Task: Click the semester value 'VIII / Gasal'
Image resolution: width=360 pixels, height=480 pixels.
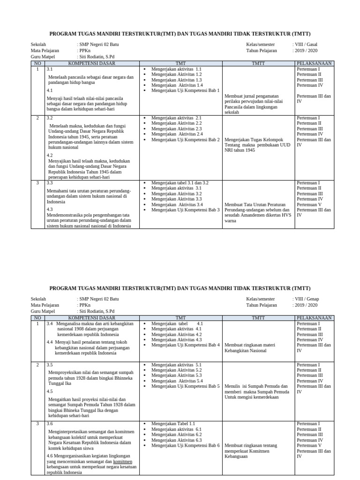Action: [306, 45]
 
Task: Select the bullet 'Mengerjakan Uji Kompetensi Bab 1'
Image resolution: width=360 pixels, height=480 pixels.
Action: [185, 91]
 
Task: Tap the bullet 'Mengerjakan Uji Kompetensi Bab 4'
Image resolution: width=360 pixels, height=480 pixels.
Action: [185, 345]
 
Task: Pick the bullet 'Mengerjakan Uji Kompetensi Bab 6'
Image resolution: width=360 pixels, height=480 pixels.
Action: [185, 446]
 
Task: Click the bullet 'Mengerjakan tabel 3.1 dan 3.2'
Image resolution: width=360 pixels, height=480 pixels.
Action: [180, 183]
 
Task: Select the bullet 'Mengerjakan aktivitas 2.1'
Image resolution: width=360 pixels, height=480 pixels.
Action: [176, 118]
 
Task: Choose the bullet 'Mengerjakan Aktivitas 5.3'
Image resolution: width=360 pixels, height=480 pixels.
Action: [176, 375]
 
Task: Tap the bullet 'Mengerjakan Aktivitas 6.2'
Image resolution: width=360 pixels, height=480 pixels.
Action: [176, 435]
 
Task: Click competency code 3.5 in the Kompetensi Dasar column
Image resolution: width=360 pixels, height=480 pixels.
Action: [50, 364]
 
